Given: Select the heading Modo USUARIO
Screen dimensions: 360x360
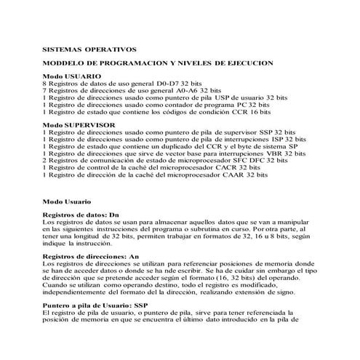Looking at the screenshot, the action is coord(72,76).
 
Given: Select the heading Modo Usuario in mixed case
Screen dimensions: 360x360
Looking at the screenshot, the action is coord(67,200).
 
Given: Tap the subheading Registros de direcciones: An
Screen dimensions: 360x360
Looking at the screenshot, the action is coord(90,257).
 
